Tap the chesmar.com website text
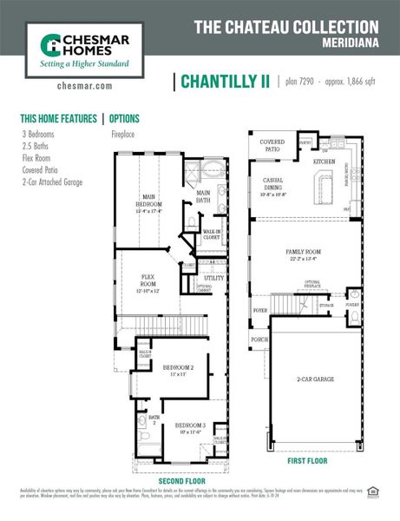coord(84,86)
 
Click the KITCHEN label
coord(324,162)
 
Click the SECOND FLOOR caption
coord(182,480)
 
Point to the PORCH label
coord(259,340)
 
